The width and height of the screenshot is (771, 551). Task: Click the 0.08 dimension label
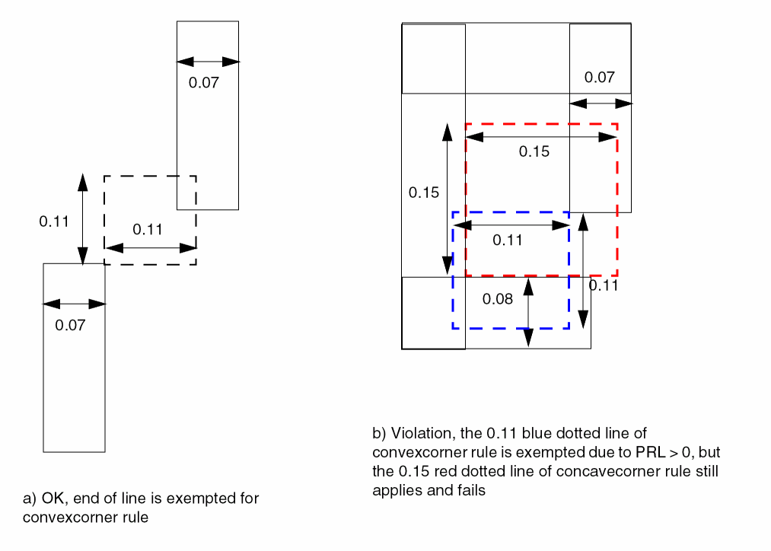(x=498, y=299)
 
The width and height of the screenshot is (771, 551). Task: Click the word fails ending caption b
(x=470, y=490)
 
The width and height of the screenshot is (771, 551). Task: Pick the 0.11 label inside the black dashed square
(x=148, y=230)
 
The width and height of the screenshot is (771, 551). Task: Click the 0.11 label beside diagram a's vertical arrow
(x=54, y=222)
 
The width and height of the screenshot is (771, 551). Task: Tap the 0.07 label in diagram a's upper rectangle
(x=204, y=83)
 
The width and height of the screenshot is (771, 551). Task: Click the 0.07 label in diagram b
(x=599, y=78)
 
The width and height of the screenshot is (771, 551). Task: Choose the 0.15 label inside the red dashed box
(x=534, y=151)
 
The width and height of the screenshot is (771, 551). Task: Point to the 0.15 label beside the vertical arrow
(x=424, y=193)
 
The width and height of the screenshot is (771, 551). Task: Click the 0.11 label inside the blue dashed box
(x=508, y=240)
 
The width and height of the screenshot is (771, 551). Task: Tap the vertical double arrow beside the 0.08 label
(x=527, y=312)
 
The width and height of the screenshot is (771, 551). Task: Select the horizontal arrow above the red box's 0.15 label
(x=540, y=137)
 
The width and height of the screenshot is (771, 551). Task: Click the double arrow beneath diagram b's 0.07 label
(x=600, y=102)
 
